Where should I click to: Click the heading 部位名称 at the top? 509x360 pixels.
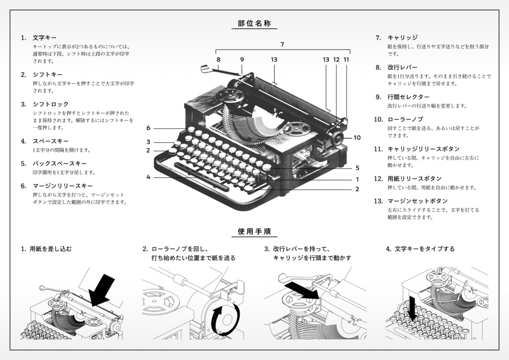254,23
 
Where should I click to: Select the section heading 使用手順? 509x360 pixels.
254,231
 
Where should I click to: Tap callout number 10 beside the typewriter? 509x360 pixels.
357,138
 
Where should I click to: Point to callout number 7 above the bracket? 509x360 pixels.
282,45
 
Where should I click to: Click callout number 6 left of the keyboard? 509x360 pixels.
148,128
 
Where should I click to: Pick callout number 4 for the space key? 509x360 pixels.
148,177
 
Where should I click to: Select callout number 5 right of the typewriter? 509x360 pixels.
357,168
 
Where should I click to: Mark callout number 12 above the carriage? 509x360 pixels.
336,60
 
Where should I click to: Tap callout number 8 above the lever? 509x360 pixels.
218,60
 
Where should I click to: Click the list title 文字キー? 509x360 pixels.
45,38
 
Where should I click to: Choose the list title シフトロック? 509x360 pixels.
51,104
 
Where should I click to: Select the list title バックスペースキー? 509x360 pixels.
60,164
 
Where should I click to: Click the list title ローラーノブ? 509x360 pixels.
405,119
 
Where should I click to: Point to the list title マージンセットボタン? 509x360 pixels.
418,201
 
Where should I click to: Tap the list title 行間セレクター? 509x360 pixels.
408,97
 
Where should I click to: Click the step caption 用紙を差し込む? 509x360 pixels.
51,249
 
